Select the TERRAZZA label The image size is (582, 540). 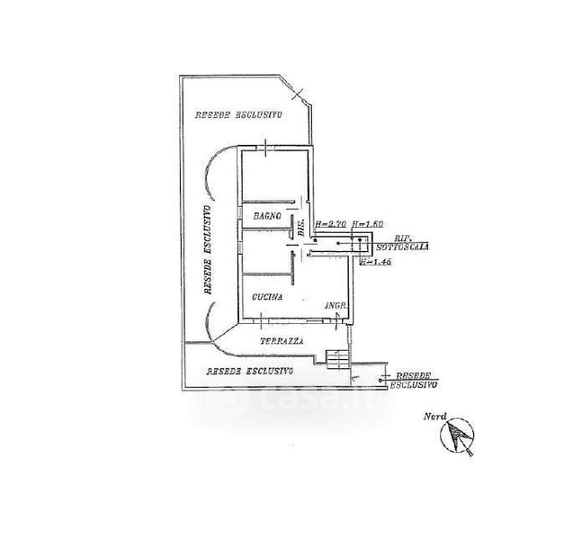[282, 342]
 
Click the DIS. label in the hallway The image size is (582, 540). [300, 228]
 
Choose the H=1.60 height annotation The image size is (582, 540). [367, 223]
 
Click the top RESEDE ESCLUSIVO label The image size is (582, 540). [238, 115]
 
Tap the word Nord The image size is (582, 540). [437, 416]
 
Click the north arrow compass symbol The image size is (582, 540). [458, 437]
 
